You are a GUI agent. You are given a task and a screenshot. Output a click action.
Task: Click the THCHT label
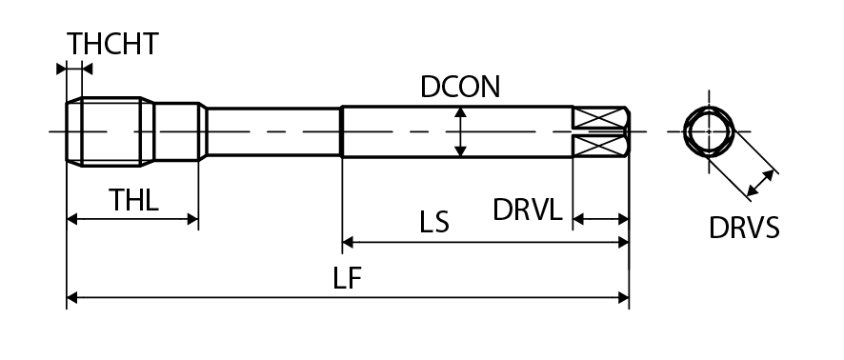coord(112,44)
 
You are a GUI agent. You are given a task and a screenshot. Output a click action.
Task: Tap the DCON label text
coord(460,88)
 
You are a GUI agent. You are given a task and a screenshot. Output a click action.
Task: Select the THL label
coord(133,200)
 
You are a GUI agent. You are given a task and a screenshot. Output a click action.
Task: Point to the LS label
coord(434,222)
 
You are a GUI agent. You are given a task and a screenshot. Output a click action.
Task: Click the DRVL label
coord(528,210)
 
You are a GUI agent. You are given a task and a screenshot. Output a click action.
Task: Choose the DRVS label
coord(744,229)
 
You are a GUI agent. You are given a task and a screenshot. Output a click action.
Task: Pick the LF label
coord(347,279)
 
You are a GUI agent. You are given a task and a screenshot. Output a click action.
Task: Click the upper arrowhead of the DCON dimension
coord(460,112)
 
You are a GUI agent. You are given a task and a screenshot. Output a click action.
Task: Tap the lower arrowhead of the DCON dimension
coord(460,151)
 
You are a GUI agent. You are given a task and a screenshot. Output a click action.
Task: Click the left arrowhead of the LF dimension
coord(71,297)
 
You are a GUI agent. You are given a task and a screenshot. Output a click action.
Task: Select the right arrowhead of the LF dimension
coord(623,297)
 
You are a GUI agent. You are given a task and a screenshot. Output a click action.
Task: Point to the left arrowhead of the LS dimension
coord(347,242)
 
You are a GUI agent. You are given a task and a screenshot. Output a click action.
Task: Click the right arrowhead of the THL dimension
coord(192,219)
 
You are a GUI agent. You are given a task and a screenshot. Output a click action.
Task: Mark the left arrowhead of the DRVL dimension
coord(578,219)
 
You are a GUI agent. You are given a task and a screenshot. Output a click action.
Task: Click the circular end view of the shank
coord(709,131)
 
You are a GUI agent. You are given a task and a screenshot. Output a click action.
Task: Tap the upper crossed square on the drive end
coord(597,118)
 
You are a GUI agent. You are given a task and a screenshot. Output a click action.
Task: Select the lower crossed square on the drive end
coord(597,146)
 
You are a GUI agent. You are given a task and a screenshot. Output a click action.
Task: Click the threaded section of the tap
coord(111,131)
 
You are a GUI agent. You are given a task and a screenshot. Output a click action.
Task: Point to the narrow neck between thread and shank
coord(274,131)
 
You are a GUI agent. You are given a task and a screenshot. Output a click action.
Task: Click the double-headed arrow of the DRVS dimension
coord(760,183)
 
